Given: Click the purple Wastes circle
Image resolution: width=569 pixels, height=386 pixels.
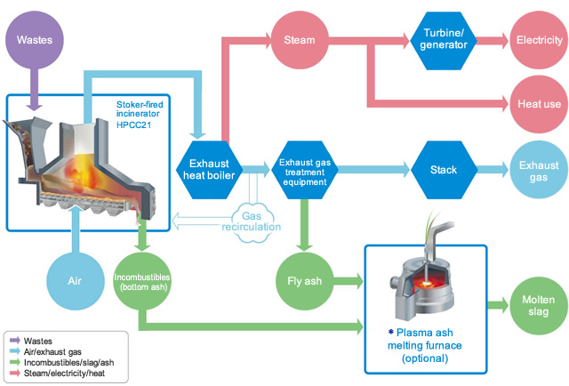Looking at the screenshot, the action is pyautogui.click(x=35, y=40).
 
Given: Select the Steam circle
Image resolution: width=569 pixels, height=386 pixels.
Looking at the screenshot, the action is pyautogui.click(x=300, y=40).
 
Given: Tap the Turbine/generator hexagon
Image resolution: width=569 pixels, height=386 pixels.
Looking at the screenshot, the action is pyautogui.click(x=444, y=40).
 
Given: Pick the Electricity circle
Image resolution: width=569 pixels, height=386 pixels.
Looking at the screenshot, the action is pyautogui.click(x=540, y=40).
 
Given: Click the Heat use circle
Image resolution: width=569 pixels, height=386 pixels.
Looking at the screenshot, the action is pyautogui.click(x=540, y=104).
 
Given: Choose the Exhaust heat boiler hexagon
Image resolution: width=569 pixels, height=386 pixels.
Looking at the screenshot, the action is pyautogui.click(x=209, y=170).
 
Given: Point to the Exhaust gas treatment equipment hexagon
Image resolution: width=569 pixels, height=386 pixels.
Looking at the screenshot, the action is pyautogui.click(x=305, y=170).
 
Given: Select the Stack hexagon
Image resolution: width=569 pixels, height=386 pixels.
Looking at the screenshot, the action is pyautogui.click(x=444, y=170).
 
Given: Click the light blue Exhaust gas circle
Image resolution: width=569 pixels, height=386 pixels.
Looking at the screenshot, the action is pyautogui.click(x=539, y=170).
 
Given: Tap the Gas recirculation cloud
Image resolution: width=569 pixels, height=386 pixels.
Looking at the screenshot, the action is pyautogui.click(x=252, y=221).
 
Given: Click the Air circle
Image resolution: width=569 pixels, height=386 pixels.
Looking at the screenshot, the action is pyautogui.click(x=76, y=281).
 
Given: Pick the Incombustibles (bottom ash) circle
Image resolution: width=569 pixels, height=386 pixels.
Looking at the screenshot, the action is pyautogui.click(x=142, y=281).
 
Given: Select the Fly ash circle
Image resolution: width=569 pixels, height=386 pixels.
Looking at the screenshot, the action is pyautogui.click(x=304, y=281).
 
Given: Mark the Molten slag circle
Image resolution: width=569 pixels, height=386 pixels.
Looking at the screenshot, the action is pyautogui.click(x=539, y=306).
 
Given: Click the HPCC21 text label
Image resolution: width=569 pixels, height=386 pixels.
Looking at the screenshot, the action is pyautogui.click(x=133, y=125).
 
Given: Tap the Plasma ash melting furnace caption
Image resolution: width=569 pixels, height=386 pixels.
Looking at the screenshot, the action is pyautogui.click(x=425, y=345).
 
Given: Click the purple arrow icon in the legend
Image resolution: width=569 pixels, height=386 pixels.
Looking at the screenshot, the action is pyautogui.click(x=15, y=341).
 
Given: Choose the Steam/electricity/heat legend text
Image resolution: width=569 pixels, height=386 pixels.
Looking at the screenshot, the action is pyautogui.click(x=64, y=374).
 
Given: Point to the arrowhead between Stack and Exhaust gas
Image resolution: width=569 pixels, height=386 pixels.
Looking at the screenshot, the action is pyautogui.click(x=504, y=170).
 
